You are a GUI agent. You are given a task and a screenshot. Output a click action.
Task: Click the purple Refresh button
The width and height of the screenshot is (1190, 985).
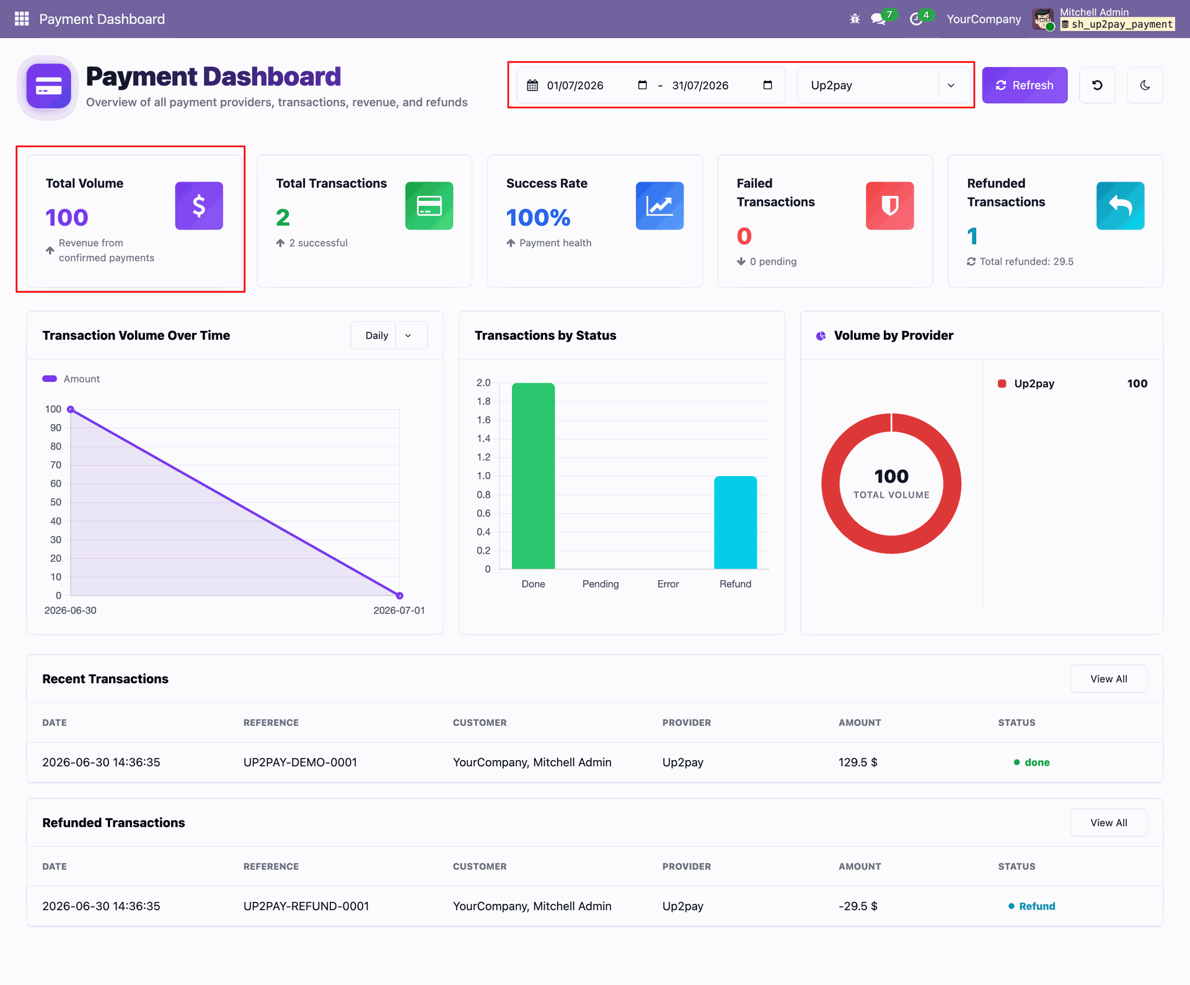pos(1025,85)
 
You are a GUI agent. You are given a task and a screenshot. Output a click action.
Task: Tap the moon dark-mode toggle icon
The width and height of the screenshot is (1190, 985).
pos(1145,85)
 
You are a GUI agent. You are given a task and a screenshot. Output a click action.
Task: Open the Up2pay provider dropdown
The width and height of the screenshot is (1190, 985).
pos(883,85)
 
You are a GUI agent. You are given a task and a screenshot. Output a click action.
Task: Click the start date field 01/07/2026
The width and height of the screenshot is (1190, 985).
pos(586,85)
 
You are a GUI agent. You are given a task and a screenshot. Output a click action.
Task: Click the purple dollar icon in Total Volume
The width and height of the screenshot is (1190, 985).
pos(199,206)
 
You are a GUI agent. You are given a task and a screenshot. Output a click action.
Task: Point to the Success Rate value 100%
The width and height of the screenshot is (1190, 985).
pos(538,218)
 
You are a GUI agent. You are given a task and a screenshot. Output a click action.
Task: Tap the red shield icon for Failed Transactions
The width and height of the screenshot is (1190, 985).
pos(890,206)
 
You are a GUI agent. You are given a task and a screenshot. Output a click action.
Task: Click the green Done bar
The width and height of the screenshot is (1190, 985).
pos(533,476)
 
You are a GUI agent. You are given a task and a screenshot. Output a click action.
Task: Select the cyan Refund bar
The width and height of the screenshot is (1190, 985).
pos(736,523)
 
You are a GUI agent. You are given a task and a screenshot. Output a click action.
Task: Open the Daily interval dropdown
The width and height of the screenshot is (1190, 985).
pos(389,335)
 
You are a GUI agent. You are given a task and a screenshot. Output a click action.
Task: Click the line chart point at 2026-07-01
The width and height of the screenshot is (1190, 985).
pos(400,596)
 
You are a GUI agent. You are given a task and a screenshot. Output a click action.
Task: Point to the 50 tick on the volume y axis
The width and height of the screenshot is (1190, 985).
pos(56,502)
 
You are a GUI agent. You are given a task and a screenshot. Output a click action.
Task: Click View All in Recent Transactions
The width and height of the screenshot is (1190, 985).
pos(1109,679)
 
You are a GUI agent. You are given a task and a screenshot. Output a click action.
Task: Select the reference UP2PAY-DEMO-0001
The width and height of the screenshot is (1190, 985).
pos(300,762)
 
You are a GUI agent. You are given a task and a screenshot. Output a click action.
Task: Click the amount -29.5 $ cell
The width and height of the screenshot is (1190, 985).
pos(858,906)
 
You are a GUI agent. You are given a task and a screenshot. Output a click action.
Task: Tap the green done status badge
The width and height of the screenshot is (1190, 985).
pos(1032,762)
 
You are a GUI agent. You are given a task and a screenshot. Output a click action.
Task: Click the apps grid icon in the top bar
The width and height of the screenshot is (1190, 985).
pos(22,19)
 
